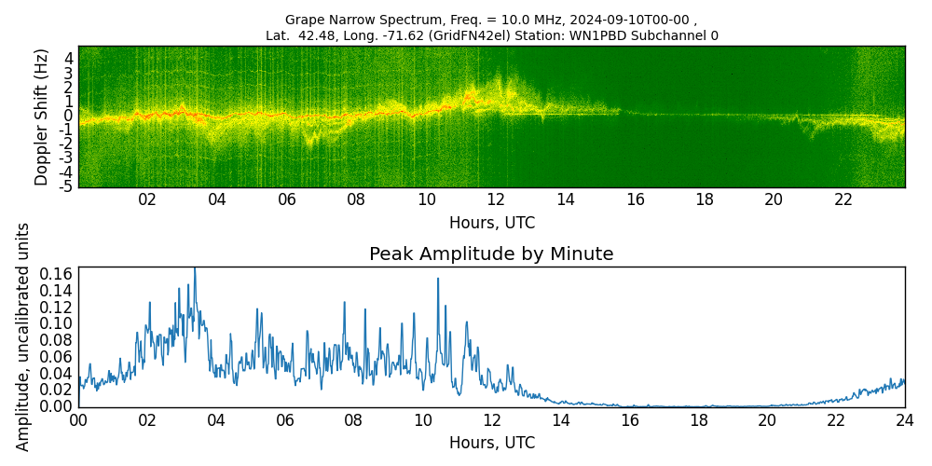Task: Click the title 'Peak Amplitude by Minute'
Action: [x=491, y=254]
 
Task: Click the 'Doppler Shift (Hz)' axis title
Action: [x=42, y=116]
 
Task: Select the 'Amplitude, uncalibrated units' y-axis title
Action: [x=23, y=336]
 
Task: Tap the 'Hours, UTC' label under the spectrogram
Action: [x=491, y=223]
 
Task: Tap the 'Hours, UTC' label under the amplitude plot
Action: [x=491, y=443]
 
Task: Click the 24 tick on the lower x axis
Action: [x=904, y=420]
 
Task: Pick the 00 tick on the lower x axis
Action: [x=78, y=420]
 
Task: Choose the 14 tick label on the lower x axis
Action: [x=560, y=420]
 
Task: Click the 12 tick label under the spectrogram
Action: [x=496, y=199]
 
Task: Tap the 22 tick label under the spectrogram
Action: [x=843, y=199]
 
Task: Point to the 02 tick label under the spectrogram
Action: [x=147, y=199]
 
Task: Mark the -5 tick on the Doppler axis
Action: [x=67, y=186]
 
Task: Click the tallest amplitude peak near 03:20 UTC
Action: [x=194, y=270]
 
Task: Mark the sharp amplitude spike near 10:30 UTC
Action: [x=437, y=280]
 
